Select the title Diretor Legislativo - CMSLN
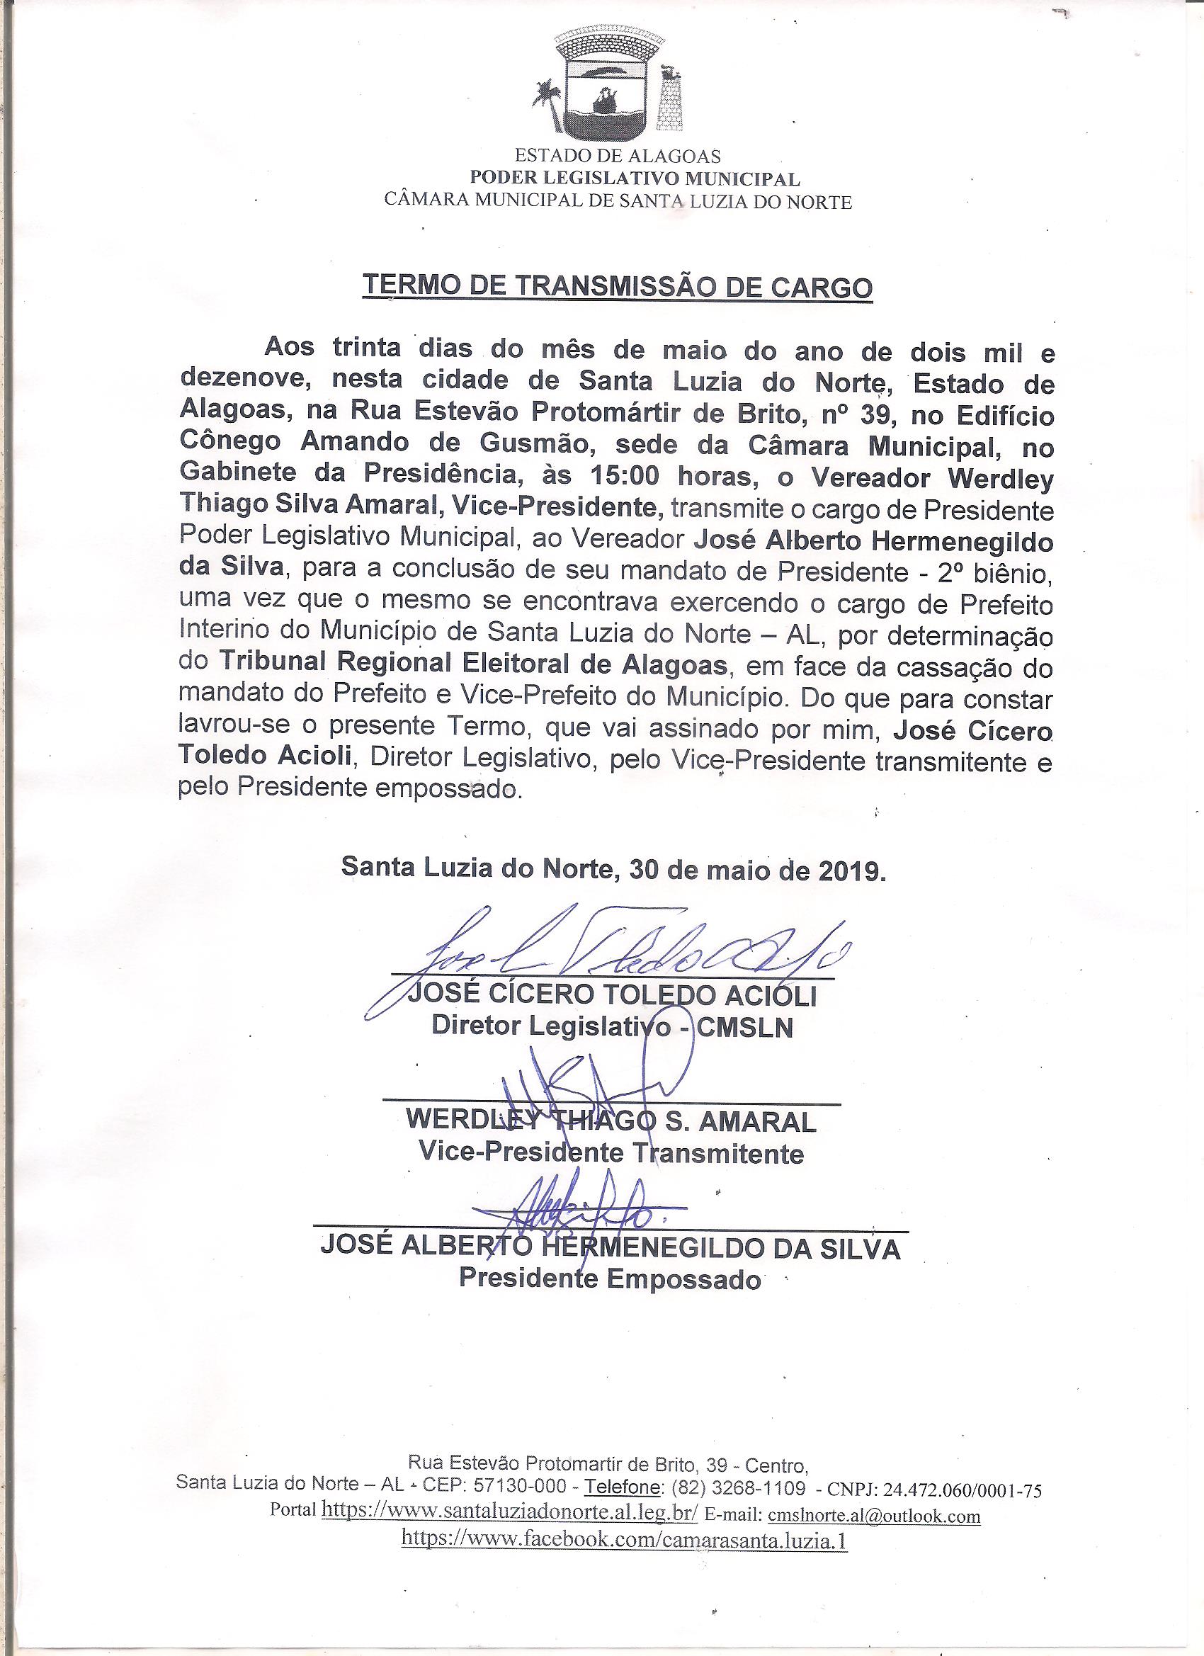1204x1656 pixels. (612, 1026)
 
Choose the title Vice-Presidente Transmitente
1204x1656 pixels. (610, 1153)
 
